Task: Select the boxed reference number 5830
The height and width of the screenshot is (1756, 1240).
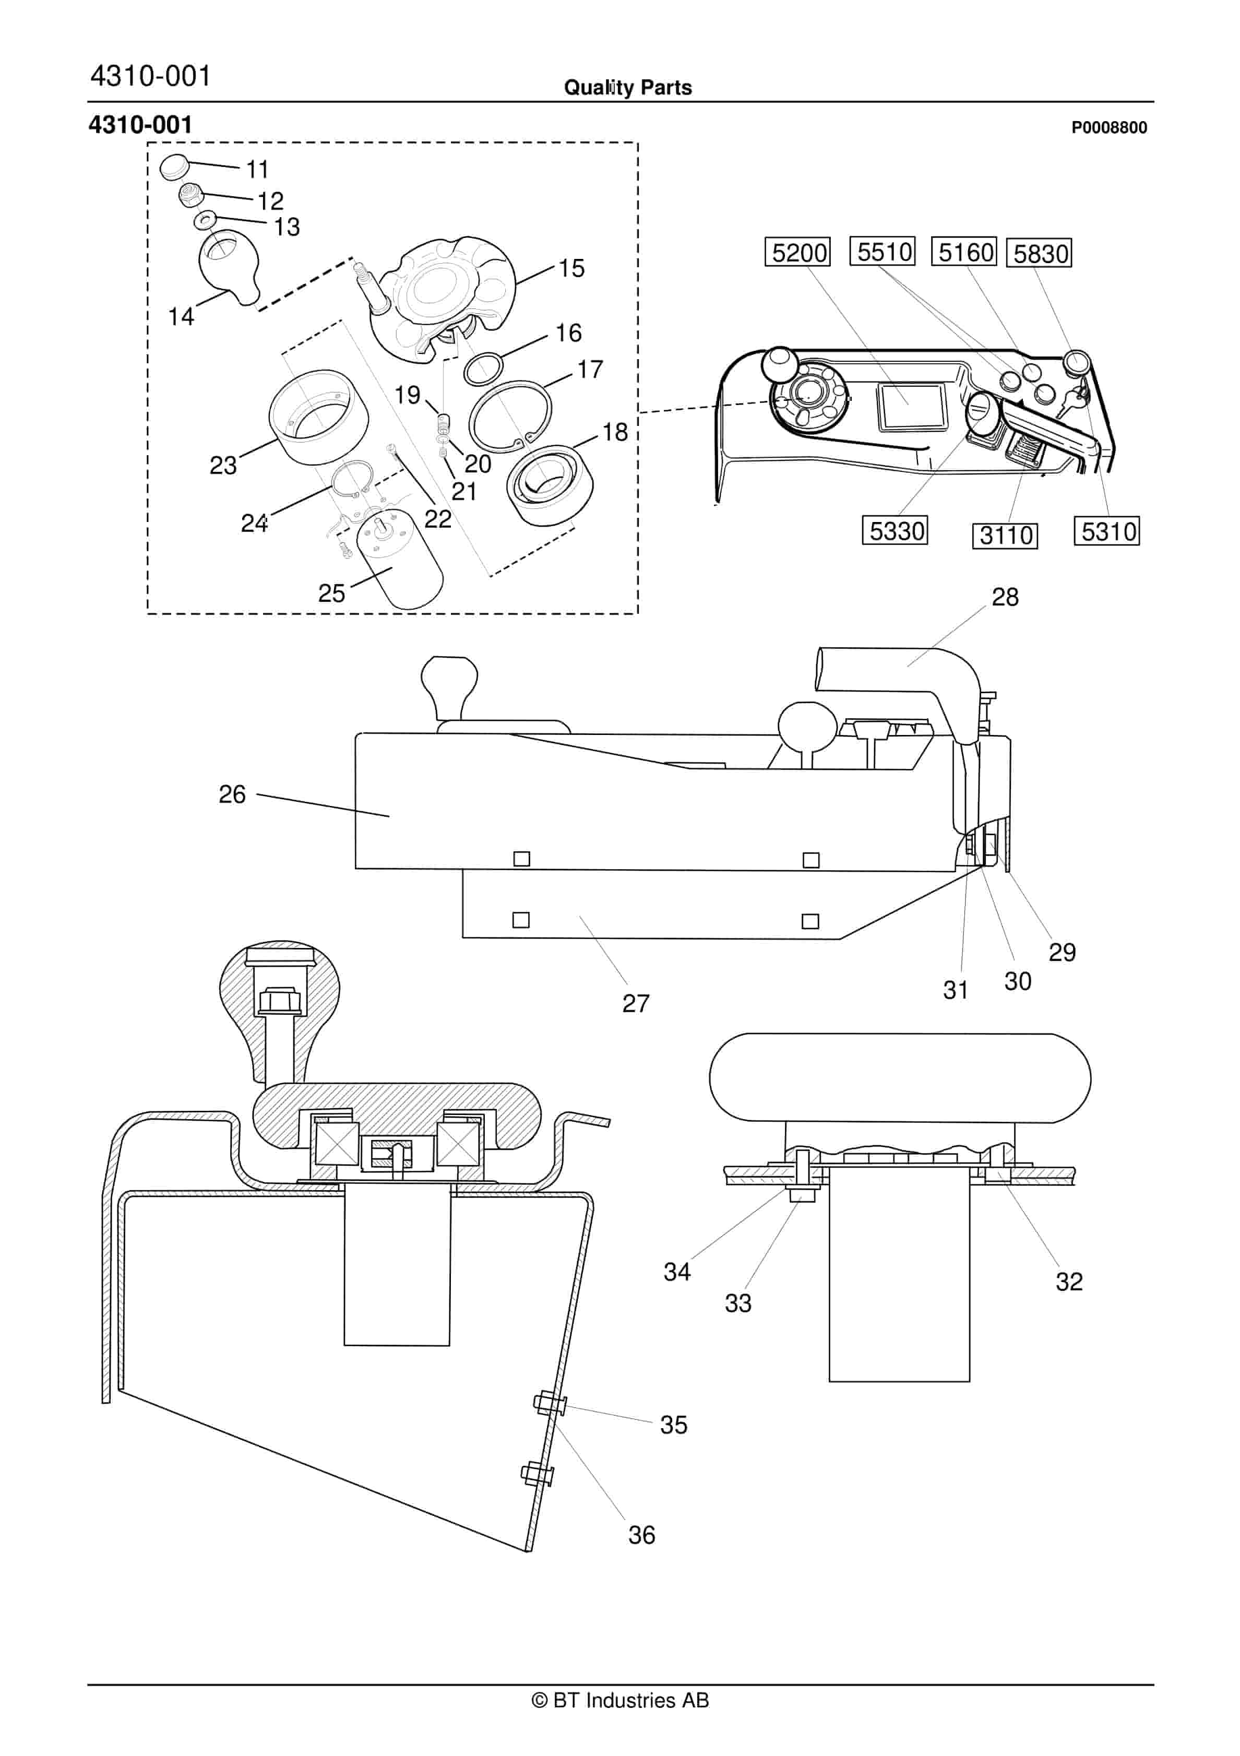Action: [x=1040, y=253]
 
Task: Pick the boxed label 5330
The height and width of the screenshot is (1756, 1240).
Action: [x=895, y=530]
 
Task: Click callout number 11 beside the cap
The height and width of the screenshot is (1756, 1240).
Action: [x=257, y=169]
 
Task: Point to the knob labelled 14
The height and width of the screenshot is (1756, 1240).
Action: [x=227, y=263]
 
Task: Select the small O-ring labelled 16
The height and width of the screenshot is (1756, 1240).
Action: [x=483, y=370]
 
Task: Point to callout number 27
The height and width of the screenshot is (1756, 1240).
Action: [x=635, y=1003]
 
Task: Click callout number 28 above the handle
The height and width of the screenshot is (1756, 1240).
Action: [x=1005, y=597]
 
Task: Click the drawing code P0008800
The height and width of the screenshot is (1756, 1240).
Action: [x=1108, y=128]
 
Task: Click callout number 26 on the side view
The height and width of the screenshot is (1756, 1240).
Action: [x=232, y=794]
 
